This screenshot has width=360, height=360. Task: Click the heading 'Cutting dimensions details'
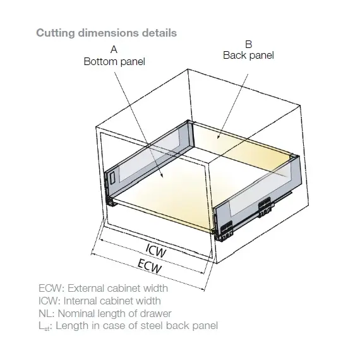[x=106, y=32]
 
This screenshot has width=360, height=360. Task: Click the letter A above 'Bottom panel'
[x=114, y=49]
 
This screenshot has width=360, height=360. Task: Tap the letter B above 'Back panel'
[x=248, y=44]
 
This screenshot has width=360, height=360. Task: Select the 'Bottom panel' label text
[x=114, y=61]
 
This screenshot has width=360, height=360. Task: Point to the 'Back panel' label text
[x=248, y=56]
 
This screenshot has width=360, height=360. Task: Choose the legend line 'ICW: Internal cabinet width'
[x=100, y=301]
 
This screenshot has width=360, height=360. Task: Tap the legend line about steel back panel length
[x=128, y=326]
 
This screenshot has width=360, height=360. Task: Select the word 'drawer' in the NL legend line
[x=156, y=313]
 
